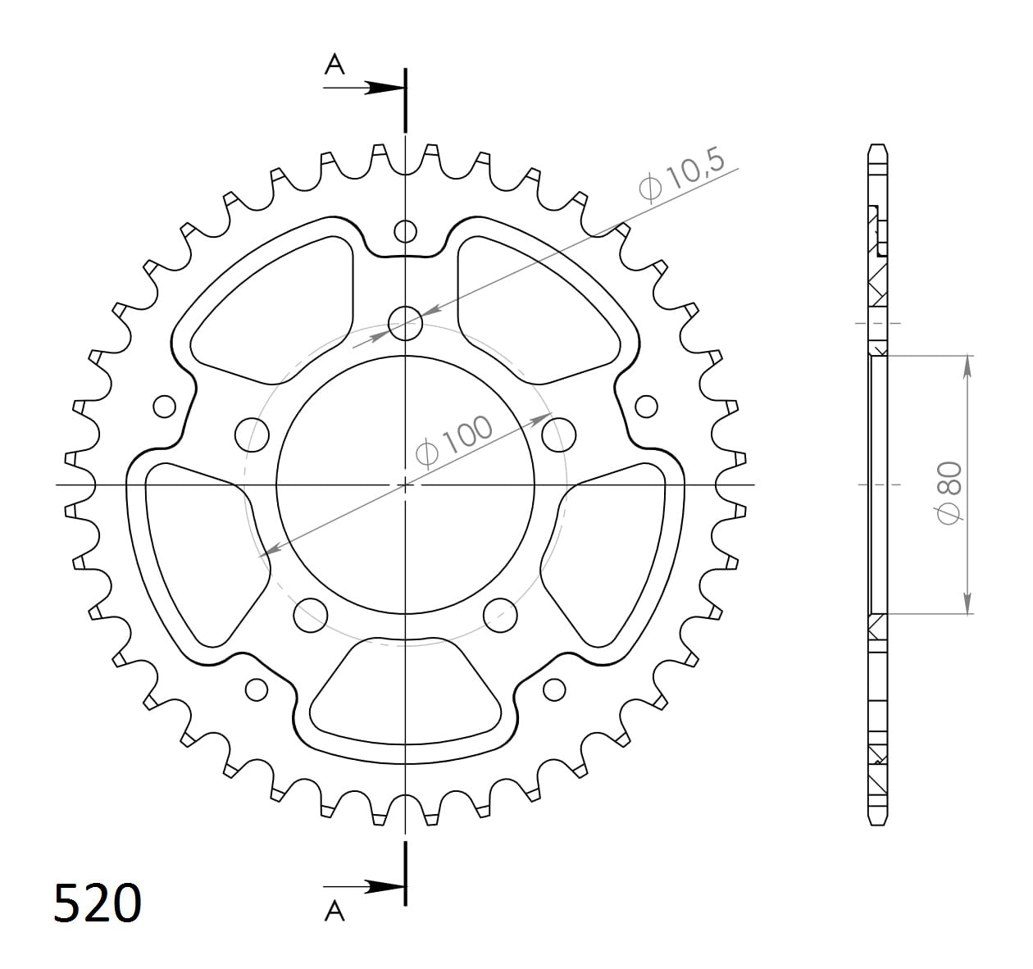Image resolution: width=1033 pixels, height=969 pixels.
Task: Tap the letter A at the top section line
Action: click(x=334, y=64)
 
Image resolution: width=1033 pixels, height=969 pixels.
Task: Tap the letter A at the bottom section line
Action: click(x=334, y=911)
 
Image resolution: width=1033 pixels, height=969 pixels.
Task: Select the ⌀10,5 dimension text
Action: click(x=682, y=174)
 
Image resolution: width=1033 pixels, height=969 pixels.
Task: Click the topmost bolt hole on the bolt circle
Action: click(x=405, y=322)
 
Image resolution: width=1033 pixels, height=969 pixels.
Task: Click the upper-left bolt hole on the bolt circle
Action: click(x=253, y=434)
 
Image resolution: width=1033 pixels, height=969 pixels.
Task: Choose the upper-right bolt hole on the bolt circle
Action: click(x=559, y=434)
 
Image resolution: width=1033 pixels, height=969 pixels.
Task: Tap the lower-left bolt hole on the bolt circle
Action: click(x=311, y=615)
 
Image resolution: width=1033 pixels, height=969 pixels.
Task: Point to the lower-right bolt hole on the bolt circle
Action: click(x=500, y=615)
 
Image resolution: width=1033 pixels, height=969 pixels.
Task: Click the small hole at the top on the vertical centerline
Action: click(x=405, y=231)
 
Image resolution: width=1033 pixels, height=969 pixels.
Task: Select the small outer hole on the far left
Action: click(x=165, y=406)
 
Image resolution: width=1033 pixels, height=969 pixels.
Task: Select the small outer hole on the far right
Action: click(x=646, y=406)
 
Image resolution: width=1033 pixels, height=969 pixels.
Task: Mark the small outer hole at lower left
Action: click(x=257, y=689)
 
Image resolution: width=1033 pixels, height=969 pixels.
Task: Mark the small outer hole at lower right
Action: click(x=554, y=689)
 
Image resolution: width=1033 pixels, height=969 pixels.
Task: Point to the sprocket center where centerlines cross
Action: click(x=405, y=484)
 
